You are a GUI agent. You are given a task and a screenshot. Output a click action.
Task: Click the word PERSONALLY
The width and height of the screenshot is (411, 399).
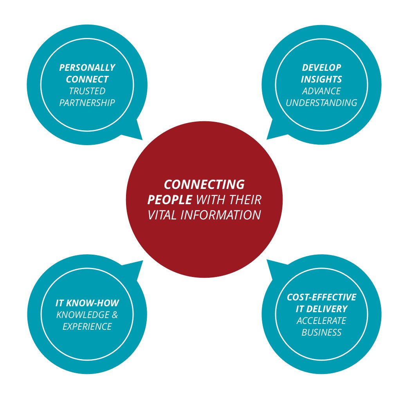[x=87, y=68]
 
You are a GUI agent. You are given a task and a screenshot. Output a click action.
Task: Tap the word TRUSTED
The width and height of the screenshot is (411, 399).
[x=87, y=91]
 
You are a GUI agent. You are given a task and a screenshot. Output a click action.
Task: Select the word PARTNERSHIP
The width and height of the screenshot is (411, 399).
[x=87, y=103]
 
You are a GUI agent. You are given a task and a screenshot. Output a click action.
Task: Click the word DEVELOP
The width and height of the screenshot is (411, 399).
[x=321, y=68]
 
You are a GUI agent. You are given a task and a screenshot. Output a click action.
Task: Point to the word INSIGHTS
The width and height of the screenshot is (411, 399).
[x=321, y=79]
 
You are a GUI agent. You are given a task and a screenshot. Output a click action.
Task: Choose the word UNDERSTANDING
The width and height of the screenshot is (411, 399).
[x=321, y=103]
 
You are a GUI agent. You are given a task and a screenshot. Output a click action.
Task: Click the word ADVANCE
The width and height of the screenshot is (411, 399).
[x=321, y=91]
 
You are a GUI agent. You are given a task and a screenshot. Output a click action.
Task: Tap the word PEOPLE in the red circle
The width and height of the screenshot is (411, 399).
[x=169, y=200]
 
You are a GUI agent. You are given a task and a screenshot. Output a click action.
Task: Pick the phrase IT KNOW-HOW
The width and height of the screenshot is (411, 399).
[x=87, y=303]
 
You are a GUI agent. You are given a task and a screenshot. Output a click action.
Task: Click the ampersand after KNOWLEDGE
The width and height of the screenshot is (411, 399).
[x=115, y=315]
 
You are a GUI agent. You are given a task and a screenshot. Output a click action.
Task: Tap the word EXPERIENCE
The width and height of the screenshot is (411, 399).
[x=87, y=327]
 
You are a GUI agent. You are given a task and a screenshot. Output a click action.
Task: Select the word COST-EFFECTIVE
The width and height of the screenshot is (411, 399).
[x=321, y=297]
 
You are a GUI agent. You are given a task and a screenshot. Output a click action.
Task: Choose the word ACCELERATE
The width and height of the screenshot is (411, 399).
[x=321, y=321]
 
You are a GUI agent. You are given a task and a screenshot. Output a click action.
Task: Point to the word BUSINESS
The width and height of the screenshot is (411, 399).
[x=321, y=332]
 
